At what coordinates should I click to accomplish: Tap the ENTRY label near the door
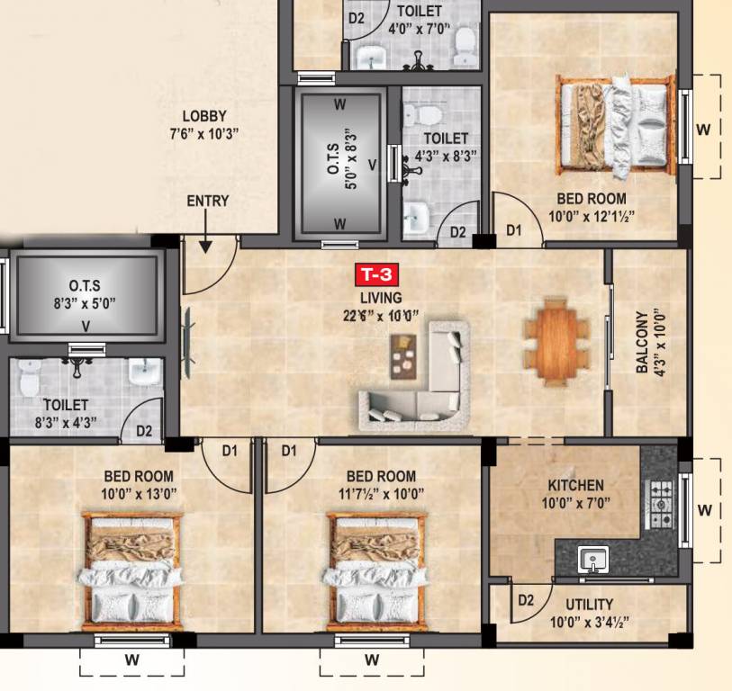207,201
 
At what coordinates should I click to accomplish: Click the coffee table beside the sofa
403,358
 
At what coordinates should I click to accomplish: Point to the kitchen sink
593,560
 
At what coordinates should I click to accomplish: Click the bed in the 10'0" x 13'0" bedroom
131,570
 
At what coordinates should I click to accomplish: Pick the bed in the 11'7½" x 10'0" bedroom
374,570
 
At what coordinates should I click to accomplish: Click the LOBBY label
204,116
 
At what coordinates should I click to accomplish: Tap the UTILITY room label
590,604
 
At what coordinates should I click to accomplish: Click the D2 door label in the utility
528,600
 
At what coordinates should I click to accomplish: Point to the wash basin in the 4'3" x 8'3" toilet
415,217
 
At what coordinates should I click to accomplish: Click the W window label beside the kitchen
704,510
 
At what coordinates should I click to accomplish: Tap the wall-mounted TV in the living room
188,343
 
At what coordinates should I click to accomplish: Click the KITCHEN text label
575,485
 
